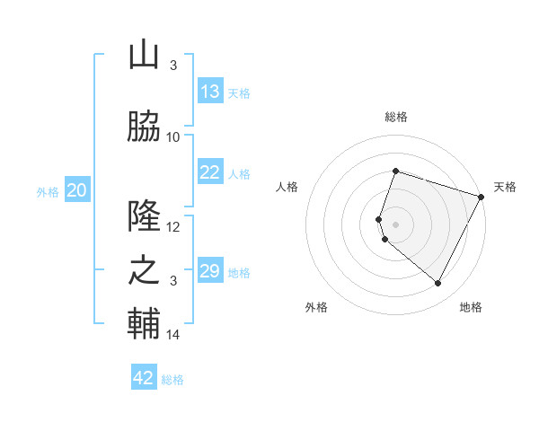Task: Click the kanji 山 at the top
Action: [x=144, y=56]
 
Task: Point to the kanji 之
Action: [x=144, y=271]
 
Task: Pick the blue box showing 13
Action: [x=210, y=92]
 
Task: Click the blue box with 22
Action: [x=210, y=173]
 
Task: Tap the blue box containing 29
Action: [x=210, y=271]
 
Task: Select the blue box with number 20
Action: [x=77, y=190]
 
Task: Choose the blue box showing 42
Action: [x=144, y=378]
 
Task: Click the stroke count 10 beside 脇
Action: [x=173, y=136]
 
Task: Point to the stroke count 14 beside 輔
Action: [x=173, y=335]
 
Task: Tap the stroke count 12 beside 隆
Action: [x=173, y=226]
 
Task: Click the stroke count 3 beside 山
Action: [x=173, y=65]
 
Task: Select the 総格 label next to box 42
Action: [x=173, y=380]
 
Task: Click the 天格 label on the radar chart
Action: [x=506, y=187]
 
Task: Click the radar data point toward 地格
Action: [x=438, y=284]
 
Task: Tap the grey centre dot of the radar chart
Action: [x=396, y=224]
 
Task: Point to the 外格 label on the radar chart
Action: [x=316, y=307]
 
